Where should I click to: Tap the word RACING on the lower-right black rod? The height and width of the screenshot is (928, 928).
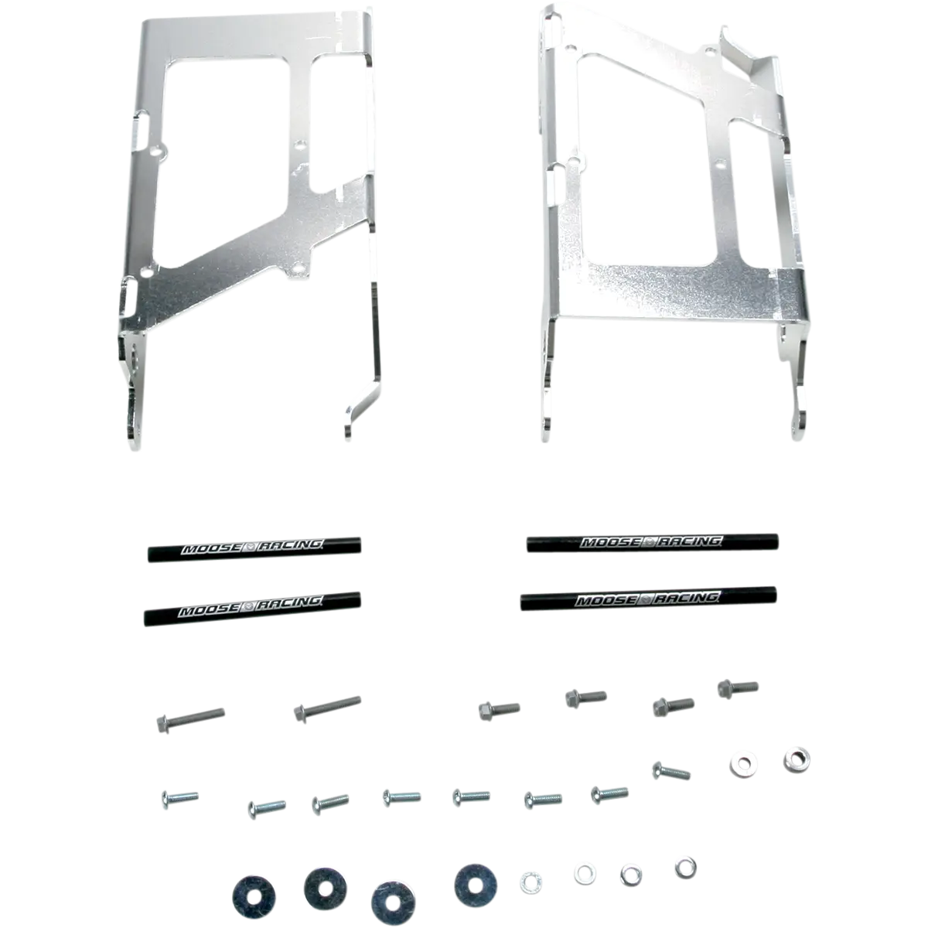pyautogui.click(x=688, y=598)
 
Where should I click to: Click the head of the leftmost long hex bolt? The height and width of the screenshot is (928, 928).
pyautogui.click(x=163, y=723)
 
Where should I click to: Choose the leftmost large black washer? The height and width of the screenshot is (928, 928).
pyautogui.click(x=254, y=896)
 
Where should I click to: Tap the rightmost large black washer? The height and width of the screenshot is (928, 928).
pyautogui.click(x=476, y=885)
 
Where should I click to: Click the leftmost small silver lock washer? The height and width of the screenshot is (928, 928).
pyautogui.click(x=531, y=882)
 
